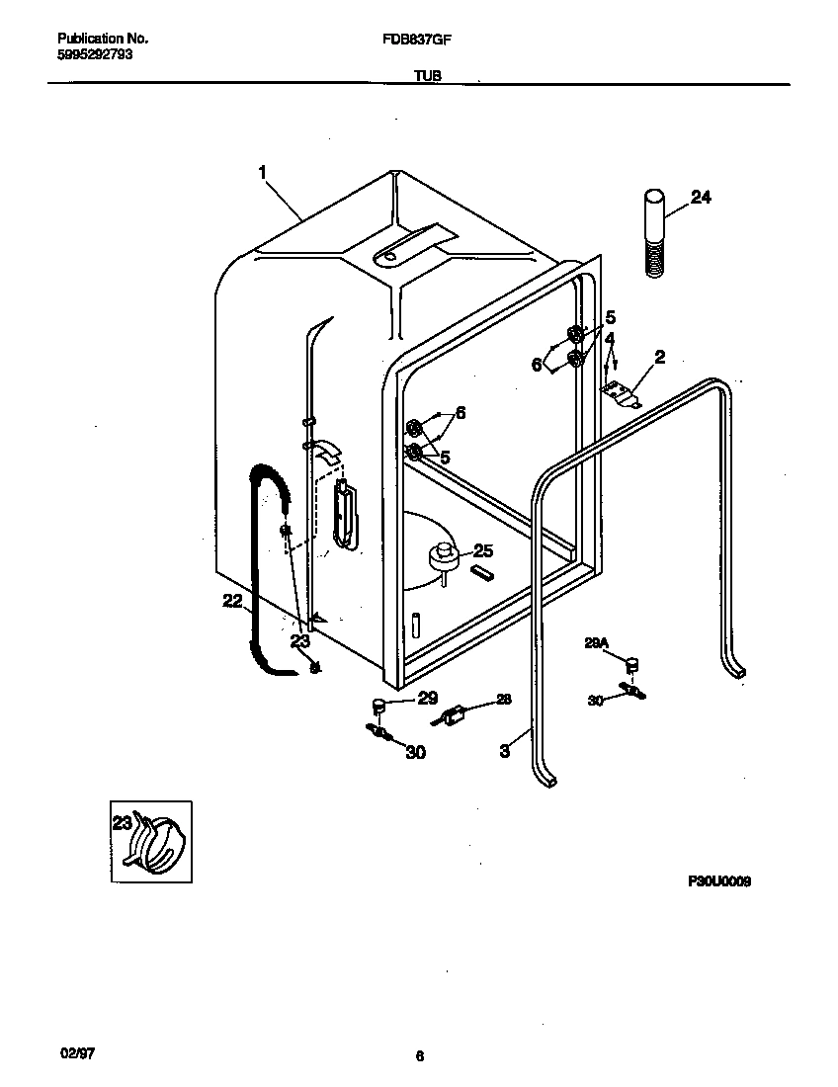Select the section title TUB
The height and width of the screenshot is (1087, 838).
(427, 75)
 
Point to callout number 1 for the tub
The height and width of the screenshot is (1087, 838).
(263, 172)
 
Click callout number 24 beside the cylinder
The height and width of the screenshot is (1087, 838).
(700, 197)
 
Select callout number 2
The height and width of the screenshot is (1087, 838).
(659, 357)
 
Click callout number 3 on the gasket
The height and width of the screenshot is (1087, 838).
(504, 751)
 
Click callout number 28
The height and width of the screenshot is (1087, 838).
(504, 700)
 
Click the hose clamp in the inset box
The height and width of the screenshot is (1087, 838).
(156, 843)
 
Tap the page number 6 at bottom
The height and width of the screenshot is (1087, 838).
(419, 1056)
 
